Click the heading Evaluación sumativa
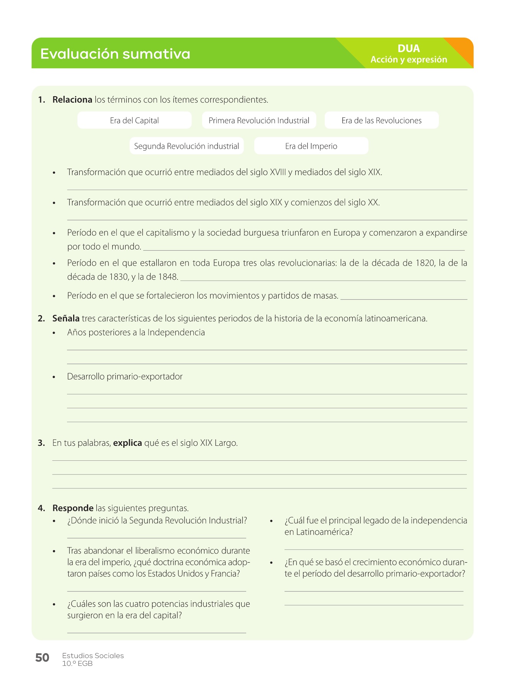click(115, 54)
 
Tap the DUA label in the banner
click(409, 49)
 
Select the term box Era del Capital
click(134, 120)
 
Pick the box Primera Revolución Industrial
click(259, 120)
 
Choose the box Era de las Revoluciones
click(381, 120)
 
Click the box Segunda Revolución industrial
click(187, 146)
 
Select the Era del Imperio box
click(311, 146)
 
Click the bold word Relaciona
click(72, 100)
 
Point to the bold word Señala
click(66, 318)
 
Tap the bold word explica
click(128, 443)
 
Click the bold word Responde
click(73, 508)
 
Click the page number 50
click(42, 658)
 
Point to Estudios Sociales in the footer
click(93, 655)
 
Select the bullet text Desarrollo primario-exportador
click(125, 376)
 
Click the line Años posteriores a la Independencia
click(136, 332)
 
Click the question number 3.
click(41, 443)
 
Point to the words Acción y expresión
click(409, 60)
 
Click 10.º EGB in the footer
click(77, 664)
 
